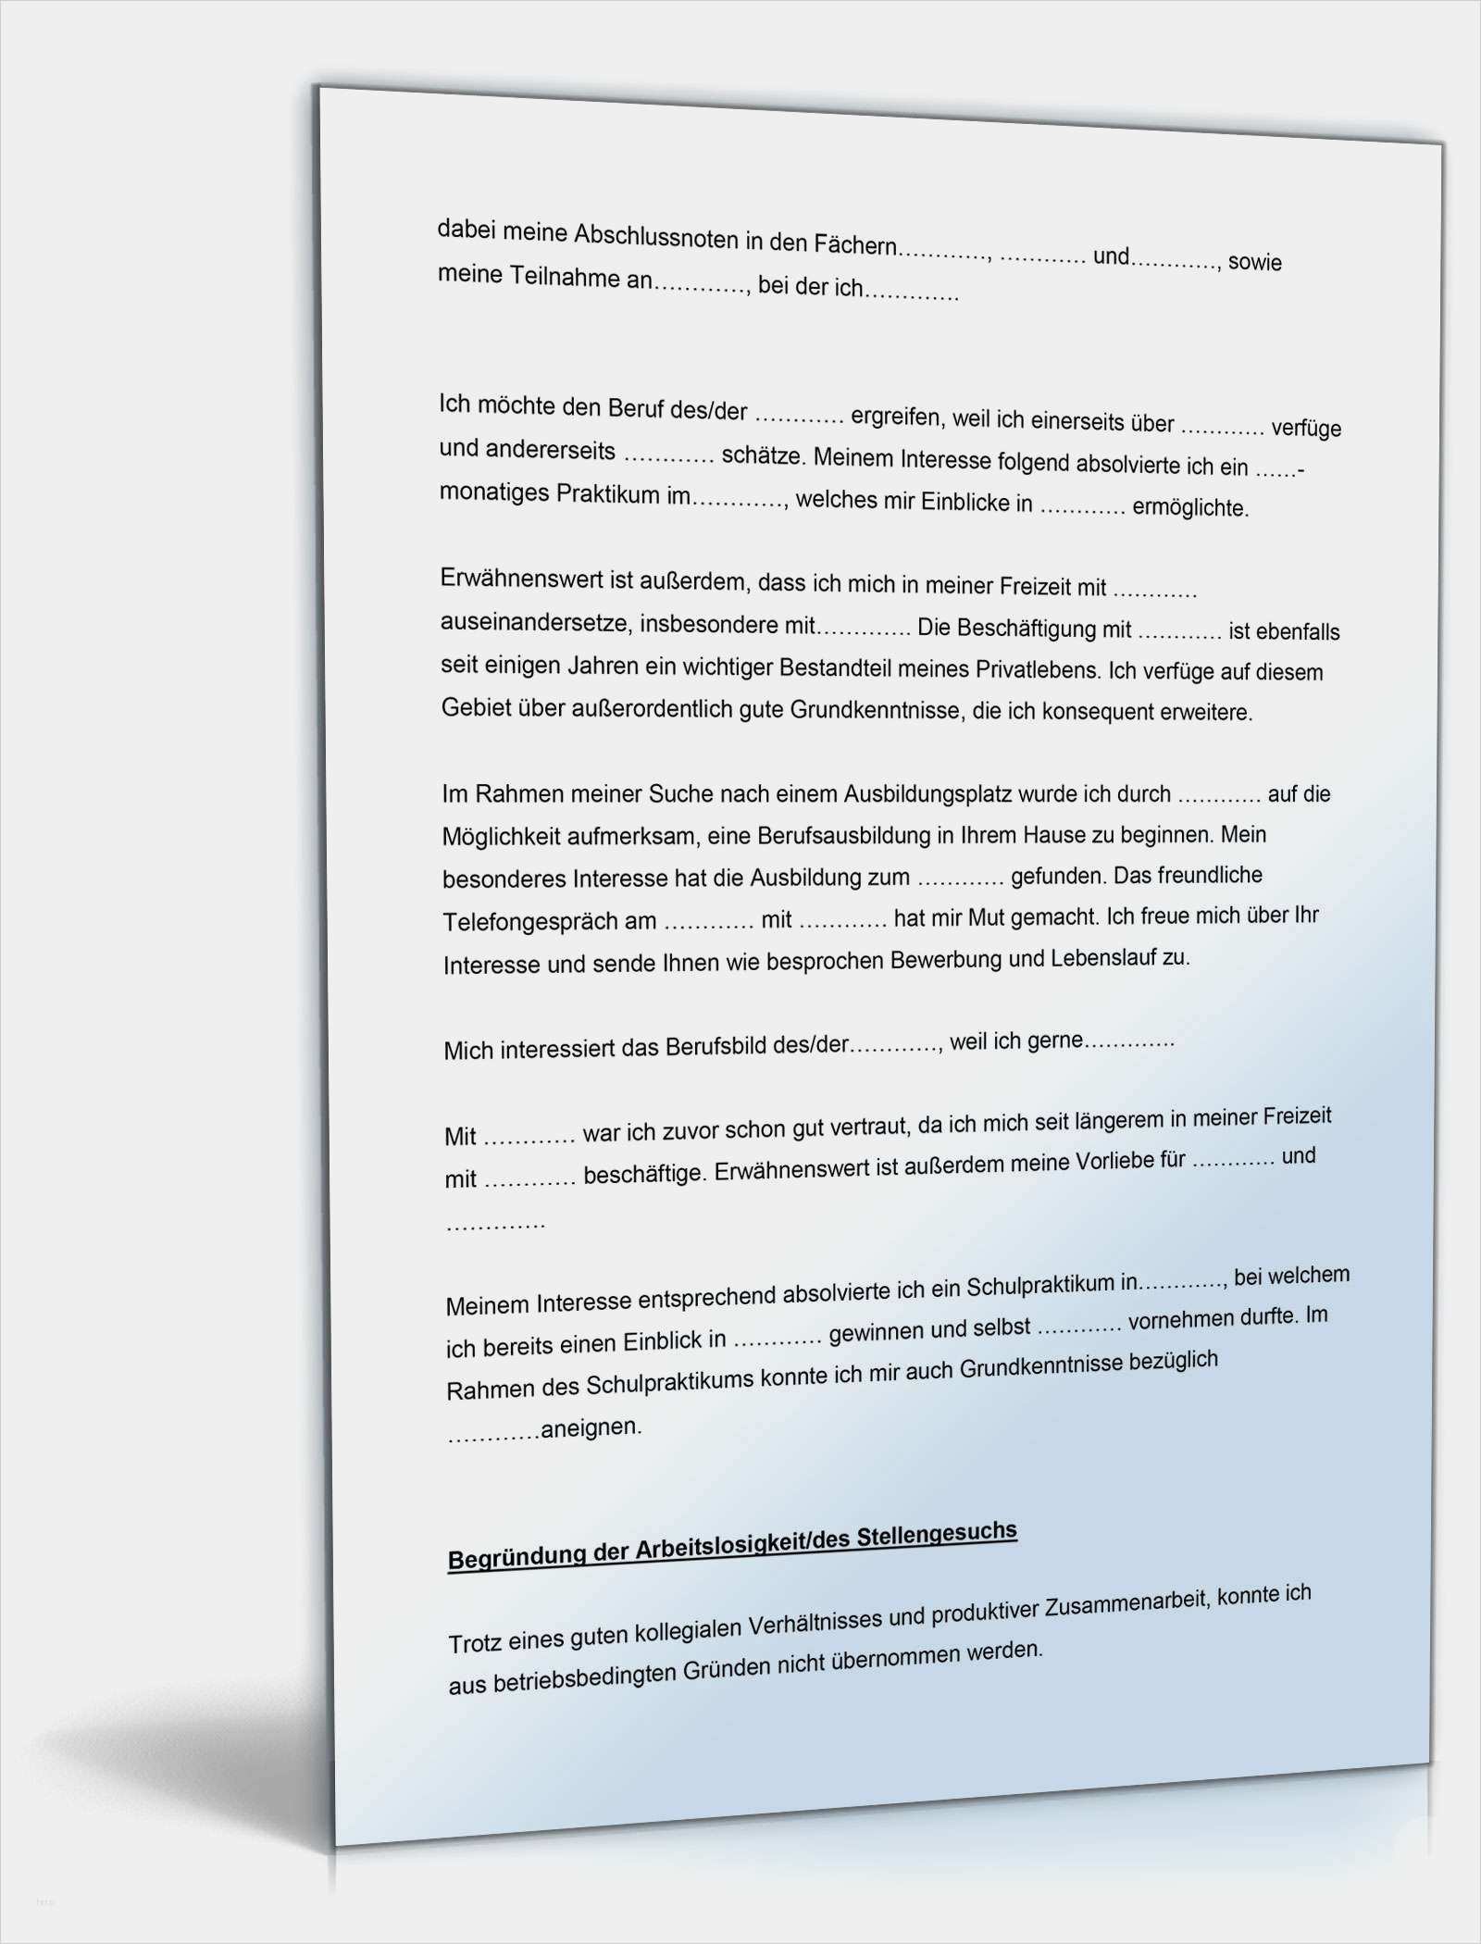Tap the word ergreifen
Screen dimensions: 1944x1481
tap(894, 417)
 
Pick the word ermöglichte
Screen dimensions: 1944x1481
tap(1190, 507)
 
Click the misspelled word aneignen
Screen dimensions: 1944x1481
tap(591, 1428)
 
